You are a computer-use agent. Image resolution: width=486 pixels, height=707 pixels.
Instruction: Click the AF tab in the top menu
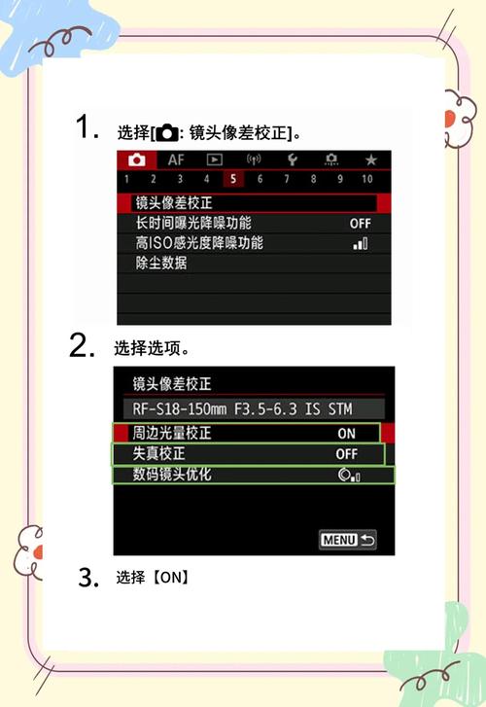pyautogui.click(x=175, y=159)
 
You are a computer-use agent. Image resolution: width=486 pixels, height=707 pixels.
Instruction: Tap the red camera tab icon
pyautogui.click(x=136, y=159)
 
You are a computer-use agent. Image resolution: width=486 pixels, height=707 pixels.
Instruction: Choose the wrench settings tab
pyautogui.click(x=291, y=159)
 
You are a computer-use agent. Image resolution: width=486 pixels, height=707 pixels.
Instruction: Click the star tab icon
pyautogui.click(x=370, y=159)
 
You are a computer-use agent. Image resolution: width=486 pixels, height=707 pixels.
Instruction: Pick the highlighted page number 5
pyautogui.click(x=233, y=179)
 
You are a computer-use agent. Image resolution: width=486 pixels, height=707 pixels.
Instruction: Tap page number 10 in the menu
pyautogui.click(x=366, y=179)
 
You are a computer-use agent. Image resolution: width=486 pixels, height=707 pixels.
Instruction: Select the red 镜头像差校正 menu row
pyautogui.click(x=253, y=203)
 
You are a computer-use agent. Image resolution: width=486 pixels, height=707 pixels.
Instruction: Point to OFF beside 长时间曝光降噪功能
pyautogui.click(x=360, y=224)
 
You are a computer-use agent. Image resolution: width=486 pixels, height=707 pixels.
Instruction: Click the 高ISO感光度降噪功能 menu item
pyautogui.click(x=198, y=242)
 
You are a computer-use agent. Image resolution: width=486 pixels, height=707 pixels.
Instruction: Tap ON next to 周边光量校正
pyautogui.click(x=346, y=434)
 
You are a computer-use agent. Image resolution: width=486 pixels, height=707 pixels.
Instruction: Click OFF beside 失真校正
pyautogui.click(x=346, y=454)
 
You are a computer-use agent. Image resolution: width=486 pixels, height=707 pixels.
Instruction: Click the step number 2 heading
pyautogui.click(x=81, y=347)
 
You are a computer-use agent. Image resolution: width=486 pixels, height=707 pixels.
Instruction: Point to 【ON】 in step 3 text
pyautogui.click(x=168, y=578)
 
